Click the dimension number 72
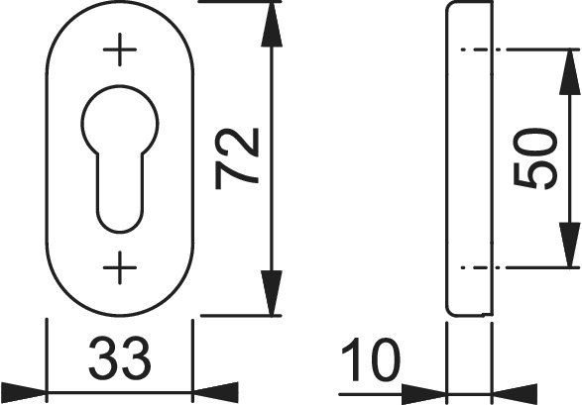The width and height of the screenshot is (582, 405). [236, 158]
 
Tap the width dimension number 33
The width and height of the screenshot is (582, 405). [120, 357]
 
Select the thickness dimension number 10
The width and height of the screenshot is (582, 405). [371, 359]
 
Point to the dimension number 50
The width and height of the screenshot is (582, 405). [534, 158]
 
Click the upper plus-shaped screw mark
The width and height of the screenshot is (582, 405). [120, 50]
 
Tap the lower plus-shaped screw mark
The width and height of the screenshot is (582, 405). [120, 267]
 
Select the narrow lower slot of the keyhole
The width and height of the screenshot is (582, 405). [120, 193]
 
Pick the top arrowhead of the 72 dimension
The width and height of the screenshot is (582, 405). [272, 25]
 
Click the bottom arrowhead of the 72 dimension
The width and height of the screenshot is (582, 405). [272, 293]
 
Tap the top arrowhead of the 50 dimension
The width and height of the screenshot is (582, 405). [570, 71]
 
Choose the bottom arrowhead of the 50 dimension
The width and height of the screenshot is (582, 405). [570, 245]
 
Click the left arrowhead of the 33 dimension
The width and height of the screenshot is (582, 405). [23, 392]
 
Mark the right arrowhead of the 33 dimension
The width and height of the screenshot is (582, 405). [215, 392]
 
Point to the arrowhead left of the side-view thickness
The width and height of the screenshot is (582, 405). [424, 394]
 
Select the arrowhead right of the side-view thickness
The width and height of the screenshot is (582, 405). [515, 394]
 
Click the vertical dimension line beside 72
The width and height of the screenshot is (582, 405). [272, 158]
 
